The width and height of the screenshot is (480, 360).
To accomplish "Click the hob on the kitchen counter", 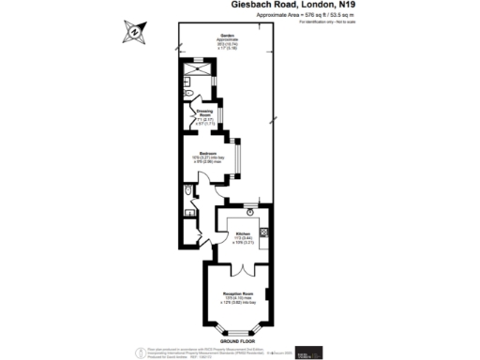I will (x=264, y=232).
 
